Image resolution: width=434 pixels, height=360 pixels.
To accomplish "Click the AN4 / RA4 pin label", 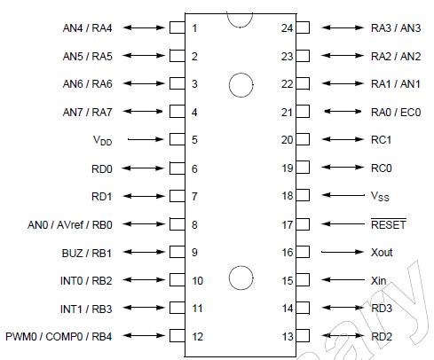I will click(x=87, y=27).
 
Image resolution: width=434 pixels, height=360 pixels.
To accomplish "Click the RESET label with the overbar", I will click(x=388, y=224).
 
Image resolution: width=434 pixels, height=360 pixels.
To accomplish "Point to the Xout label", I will click(x=382, y=253).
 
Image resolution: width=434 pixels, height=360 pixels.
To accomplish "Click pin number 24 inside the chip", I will click(x=286, y=27).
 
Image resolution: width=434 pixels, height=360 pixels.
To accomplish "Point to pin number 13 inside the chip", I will click(x=286, y=337).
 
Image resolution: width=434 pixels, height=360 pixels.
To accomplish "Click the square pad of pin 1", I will click(x=176, y=27).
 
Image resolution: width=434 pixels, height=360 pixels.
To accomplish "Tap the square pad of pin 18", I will click(x=304, y=196).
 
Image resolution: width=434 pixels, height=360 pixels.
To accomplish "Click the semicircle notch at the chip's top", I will click(x=239, y=18).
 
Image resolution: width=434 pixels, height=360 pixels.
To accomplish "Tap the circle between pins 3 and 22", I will click(x=240, y=84).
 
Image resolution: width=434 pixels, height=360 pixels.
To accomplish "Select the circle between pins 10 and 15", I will click(x=240, y=278).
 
